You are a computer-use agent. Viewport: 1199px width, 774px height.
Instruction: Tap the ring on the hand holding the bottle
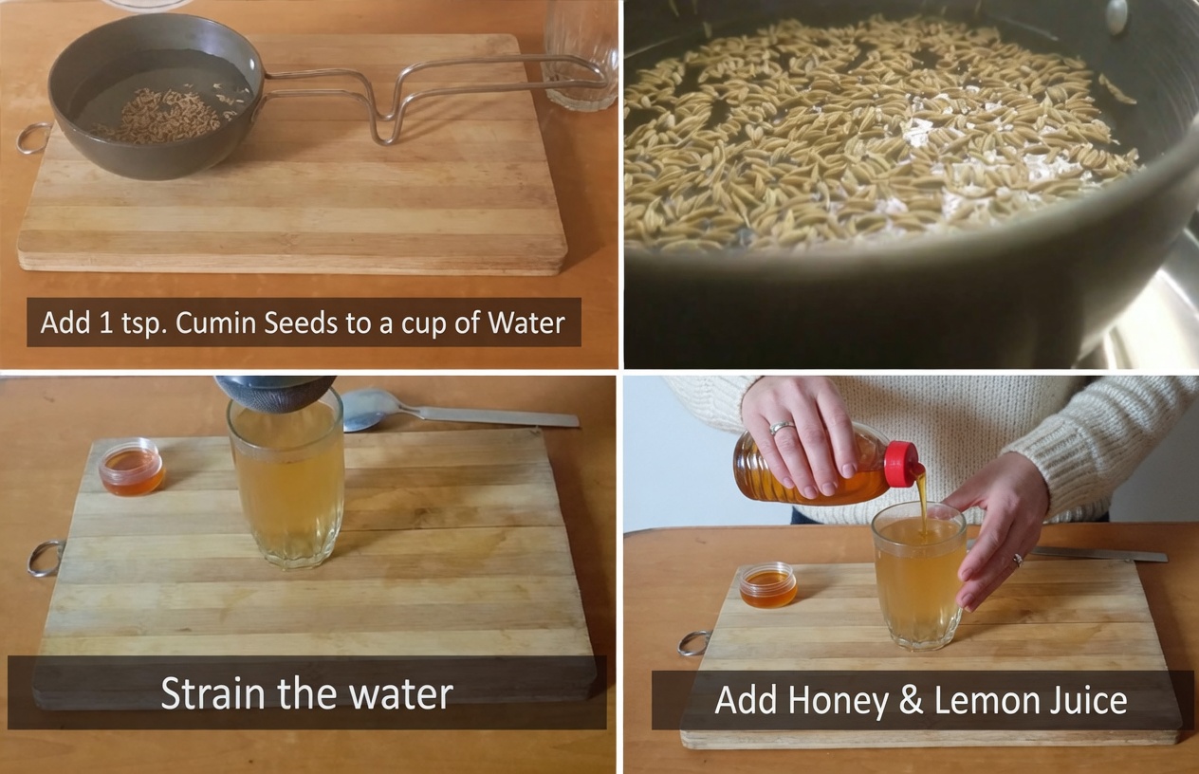click(x=781, y=429)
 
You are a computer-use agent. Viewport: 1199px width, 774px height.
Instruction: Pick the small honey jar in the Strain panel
click(x=131, y=466)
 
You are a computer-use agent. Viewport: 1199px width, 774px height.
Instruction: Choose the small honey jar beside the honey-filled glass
click(x=768, y=584)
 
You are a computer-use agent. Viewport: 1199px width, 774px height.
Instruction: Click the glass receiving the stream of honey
click(x=918, y=579)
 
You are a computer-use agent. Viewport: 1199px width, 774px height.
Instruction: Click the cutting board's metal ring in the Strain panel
click(x=44, y=559)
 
